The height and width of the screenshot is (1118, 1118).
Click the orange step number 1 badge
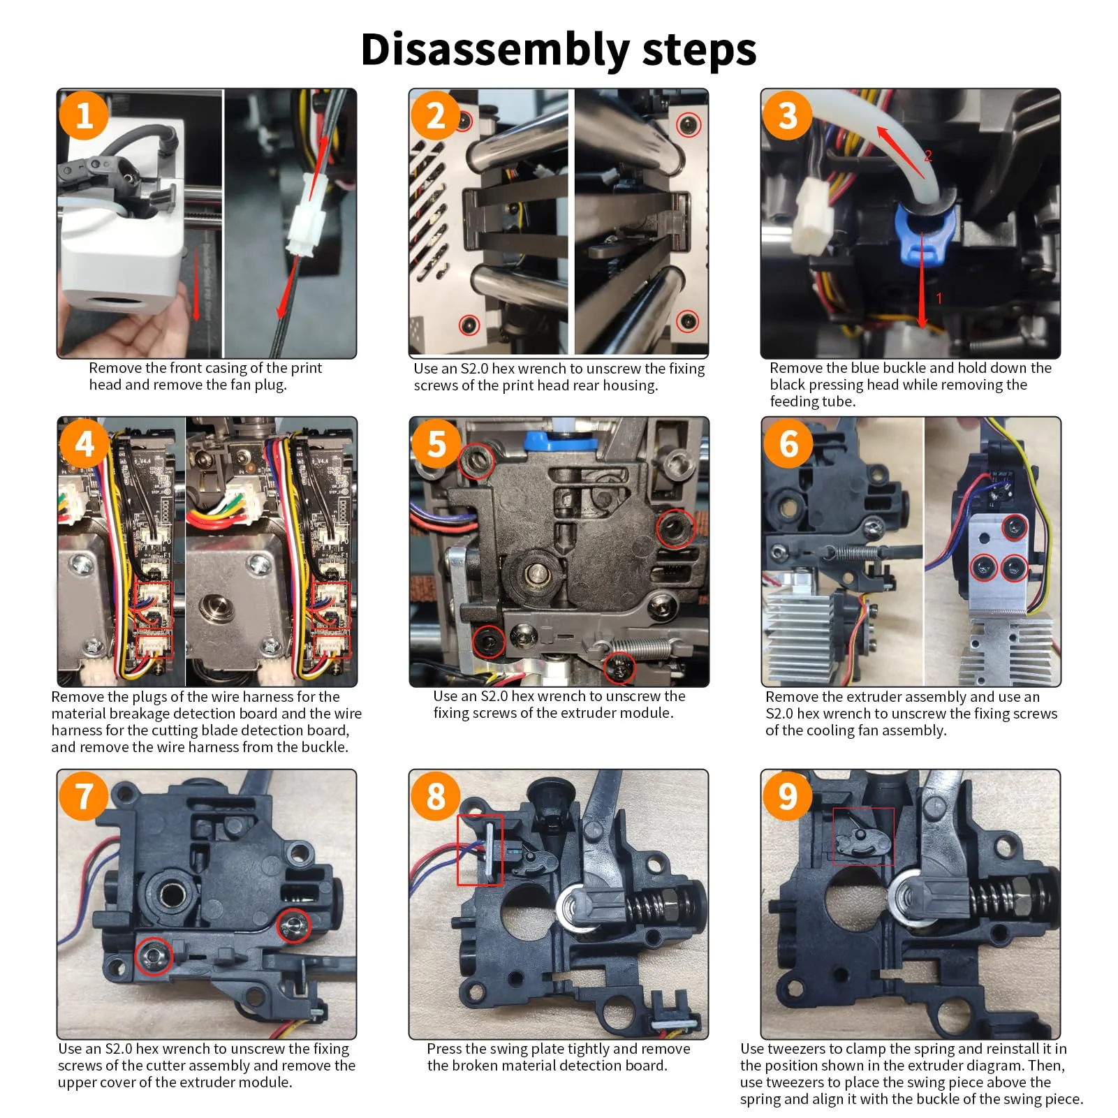coord(84,115)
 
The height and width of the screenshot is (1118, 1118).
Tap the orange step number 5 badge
coord(436,443)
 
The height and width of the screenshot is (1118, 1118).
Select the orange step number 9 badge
coord(788,795)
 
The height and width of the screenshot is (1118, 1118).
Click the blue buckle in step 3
coord(923,234)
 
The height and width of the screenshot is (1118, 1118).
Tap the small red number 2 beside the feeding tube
coord(928,155)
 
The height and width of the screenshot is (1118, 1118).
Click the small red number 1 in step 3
coord(939,298)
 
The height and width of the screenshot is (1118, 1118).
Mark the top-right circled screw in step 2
coord(689,125)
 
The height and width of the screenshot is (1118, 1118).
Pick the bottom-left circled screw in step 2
coord(469,325)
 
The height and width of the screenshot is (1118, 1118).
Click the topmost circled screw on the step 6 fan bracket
coord(1014,527)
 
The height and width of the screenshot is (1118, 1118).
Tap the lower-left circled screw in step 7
coord(153,955)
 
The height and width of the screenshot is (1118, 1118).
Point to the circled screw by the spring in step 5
coord(619,668)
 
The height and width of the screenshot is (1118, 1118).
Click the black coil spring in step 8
coord(653,906)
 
